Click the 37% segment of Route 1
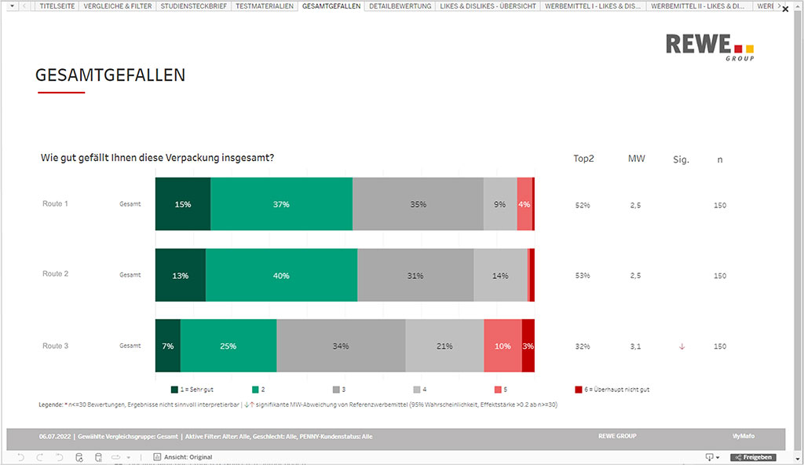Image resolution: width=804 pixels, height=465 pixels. [282, 204]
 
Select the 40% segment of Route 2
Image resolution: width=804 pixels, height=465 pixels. [281, 276]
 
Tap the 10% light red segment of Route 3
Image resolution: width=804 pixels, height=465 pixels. [502, 346]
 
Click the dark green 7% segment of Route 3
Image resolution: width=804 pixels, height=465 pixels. [168, 346]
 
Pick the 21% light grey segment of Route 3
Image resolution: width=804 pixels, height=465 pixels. [444, 346]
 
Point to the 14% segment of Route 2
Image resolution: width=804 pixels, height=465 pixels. [500, 276]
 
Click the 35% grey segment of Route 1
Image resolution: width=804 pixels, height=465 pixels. [418, 204]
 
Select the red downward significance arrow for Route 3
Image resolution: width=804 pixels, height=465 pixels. [681, 346]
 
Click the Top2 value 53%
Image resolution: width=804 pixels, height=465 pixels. [583, 276]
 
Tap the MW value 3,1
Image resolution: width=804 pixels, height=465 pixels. [636, 346]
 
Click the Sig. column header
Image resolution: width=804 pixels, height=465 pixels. [681, 159]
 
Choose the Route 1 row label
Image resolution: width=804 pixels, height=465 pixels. [55, 203]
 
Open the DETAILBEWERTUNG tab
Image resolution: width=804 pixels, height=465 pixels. [400, 6]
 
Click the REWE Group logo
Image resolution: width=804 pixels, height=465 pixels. [709, 47]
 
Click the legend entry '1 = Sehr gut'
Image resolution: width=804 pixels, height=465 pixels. [192, 390]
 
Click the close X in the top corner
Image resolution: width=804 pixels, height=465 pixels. [785, 9]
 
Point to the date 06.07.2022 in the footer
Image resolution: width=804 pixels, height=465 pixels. [54, 436]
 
